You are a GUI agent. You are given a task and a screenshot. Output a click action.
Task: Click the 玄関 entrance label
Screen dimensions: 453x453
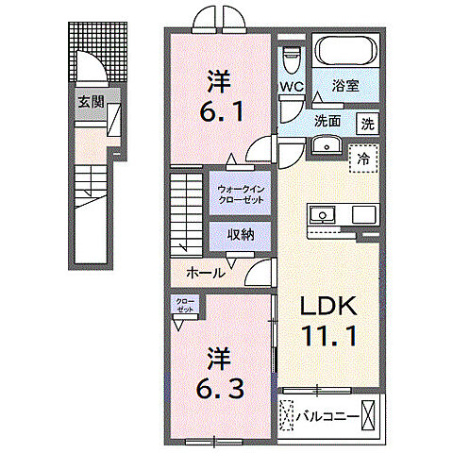click(90, 101)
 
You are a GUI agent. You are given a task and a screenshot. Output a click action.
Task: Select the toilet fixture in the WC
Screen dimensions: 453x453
click(292, 56)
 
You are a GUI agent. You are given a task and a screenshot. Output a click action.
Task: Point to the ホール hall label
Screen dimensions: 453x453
click(205, 272)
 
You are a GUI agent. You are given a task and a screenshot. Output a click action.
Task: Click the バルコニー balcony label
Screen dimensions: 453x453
click(327, 413)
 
